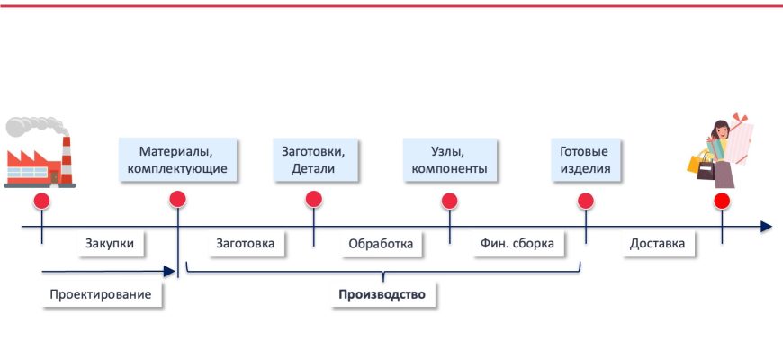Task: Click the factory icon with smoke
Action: pyautogui.click(x=39, y=154)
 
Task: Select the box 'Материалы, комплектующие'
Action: pyautogui.click(x=177, y=159)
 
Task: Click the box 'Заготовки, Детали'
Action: pyautogui.click(x=313, y=159)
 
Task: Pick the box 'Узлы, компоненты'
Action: pyautogui.click(x=449, y=159)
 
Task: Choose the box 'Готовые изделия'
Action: pyautogui.click(x=585, y=159)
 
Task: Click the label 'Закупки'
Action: pyautogui.click(x=110, y=243)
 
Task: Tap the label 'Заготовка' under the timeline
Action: pyautogui.click(x=246, y=243)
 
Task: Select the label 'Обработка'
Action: pyautogui.click(x=380, y=243)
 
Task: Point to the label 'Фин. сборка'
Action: pyautogui.click(x=518, y=243)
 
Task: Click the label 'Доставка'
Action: pyautogui.click(x=657, y=243)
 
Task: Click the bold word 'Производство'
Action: pyautogui.click(x=382, y=294)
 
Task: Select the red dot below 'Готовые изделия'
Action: pyautogui.click(x=585, y=200)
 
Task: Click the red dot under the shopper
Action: pyautogui.click(x=721, y=200)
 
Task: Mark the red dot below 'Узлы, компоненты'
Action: pyautogui.click(x=449, y=200)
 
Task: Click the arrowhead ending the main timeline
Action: pyautogui.click(x=765, y=226)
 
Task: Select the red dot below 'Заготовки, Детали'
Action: pyautogui.click(x=313, y=200)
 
